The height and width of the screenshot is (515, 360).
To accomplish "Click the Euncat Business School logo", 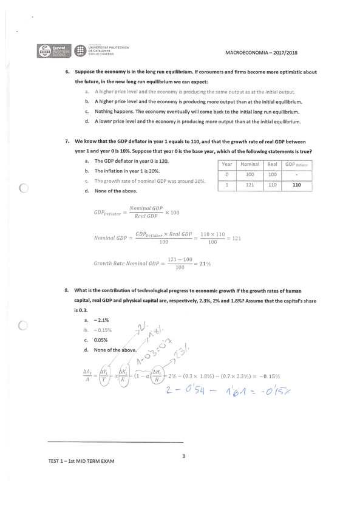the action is click(53, 52).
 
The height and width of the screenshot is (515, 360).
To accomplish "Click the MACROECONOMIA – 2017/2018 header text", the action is click(261, 53).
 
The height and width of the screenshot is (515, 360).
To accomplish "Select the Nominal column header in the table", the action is click(250, 164).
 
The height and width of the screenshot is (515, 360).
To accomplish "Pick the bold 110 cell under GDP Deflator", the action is click(296, 185).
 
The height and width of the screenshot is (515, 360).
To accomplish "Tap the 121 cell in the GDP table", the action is click(250, 185).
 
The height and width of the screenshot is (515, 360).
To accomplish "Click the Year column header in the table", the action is click(226, 164).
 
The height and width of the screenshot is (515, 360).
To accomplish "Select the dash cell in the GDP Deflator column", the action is click(296, 175).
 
